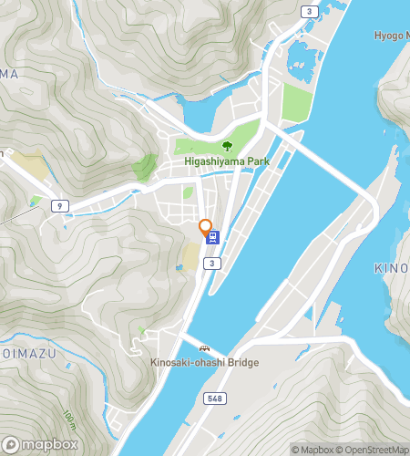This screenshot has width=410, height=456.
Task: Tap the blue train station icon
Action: tap(213, 237)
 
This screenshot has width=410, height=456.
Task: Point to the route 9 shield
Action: tap(59, 205)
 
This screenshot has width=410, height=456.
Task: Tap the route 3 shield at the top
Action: tap(310, 11)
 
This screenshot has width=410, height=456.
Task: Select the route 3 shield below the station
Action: tap(211, 264)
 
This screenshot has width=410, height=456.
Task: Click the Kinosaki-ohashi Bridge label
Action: tap(205, 362)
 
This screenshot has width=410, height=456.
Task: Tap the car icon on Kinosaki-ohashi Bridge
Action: tap(205, 348)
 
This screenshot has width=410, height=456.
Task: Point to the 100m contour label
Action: tap(69, 420)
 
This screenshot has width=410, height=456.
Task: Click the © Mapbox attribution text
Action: tap(313, 450)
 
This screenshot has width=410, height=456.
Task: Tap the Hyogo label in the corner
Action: tap(391, 36)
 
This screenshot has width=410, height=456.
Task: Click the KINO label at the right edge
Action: tap(391, 268)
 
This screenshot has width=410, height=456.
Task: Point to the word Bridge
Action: tap(243, 362)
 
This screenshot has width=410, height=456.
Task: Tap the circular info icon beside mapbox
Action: tap(7, 445)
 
